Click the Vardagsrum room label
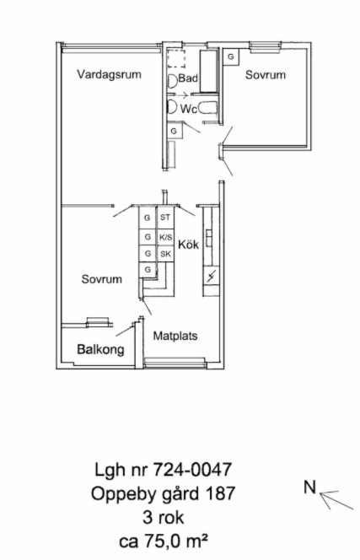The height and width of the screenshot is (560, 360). coord(110,75)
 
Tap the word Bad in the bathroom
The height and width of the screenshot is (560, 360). coord(188,78)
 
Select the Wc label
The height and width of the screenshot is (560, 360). coord(189,109)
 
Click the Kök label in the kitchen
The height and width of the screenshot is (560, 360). coord(189,245)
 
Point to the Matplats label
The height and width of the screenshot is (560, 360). coord(175,336)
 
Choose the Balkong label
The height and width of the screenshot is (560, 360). coord(100,349)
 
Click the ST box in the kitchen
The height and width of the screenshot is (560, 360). coord(165,217)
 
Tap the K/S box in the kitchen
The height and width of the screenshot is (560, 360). coord(165,236)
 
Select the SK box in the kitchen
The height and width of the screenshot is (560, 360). coord(165,254)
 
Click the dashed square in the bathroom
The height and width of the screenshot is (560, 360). coord(176,59)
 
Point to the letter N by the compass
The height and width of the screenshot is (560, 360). coord(310,487)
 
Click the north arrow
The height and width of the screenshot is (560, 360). coord(336,500)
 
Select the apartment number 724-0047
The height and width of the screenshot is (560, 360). coord(192,469)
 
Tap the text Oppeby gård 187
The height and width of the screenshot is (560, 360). coord(163,494)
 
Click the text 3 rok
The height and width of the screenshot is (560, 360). coord(164,517)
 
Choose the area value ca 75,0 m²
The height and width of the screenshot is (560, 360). coord(164,541)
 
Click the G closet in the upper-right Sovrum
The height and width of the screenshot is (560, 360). coord(231,57)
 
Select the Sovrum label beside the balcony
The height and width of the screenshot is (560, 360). coord(102,279)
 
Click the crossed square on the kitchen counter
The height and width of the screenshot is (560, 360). coord(211,276)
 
